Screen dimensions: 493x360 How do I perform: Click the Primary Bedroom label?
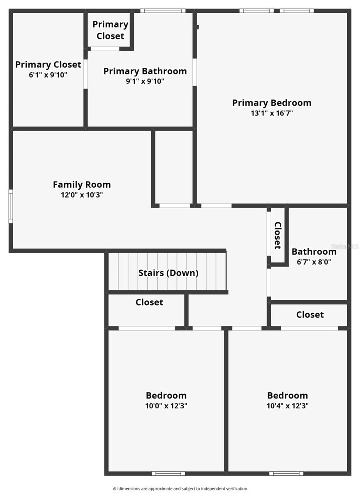tap(272, 103)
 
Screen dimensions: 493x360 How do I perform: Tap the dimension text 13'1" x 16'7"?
tap(272, 113)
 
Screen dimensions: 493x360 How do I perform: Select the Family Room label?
tap(82, 184)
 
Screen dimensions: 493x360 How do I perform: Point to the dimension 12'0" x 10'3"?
tap(82, 195)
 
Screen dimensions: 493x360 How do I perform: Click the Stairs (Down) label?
tap(168, 273)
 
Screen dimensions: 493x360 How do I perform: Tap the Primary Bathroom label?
tap(145, 71)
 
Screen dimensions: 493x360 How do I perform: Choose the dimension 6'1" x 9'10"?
tap(48, 75)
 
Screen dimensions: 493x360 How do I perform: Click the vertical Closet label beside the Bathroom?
tap(278, 235)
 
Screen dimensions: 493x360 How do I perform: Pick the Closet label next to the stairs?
tap(149, 302)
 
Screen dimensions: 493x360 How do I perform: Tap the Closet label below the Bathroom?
tap(310, 315)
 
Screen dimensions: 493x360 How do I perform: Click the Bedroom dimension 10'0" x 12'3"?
tap(166, 406)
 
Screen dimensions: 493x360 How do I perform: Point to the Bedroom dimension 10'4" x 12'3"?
tap(287, 406)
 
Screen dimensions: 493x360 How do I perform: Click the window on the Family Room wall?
tap(11, 206)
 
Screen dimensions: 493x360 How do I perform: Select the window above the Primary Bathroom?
tap(162, 11)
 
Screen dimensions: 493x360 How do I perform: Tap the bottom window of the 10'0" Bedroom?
tap(168, 473)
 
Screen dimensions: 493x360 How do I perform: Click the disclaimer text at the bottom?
tap(180, 488)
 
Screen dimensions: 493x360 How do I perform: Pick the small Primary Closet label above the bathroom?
tap(110, 30)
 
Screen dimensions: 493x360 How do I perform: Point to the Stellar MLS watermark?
tap(348, 246)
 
